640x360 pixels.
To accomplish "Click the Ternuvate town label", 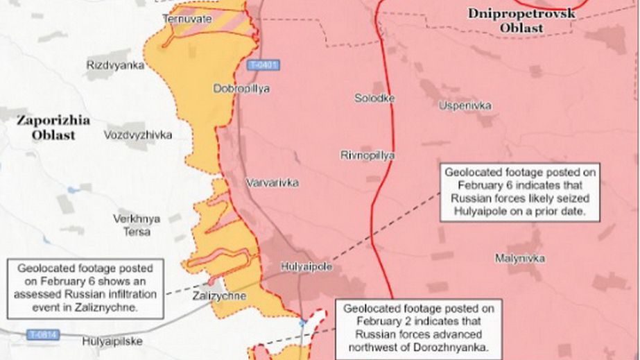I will click(187, 19).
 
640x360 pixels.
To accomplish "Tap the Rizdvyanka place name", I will click(116, 65).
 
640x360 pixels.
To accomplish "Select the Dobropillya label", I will click(241, 89).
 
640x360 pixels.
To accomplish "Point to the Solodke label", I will click(374, 98).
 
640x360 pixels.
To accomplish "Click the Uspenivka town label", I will click(465, 105).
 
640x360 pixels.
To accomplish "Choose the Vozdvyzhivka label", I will click(138, 135).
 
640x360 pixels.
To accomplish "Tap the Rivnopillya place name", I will click(367, 155).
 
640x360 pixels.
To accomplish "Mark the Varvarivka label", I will click(273, 183).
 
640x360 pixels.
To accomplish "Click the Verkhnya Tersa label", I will click(137, 225).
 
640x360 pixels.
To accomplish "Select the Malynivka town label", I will click(519, 258).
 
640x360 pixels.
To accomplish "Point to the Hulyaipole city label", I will click(306, 266).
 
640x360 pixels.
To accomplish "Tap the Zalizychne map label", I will click(220, 296).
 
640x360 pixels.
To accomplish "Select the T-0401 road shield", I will click(263, 66).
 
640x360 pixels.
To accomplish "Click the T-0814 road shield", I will click(44, 336).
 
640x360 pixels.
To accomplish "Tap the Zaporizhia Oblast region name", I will click(53, 128).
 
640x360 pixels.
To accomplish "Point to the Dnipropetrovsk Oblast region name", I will click(521, 20).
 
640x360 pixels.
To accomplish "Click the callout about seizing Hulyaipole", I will click(520, 193).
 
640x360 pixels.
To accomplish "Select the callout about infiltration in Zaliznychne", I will click(86, 287).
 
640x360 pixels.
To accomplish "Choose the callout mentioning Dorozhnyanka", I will click(416, 327).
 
